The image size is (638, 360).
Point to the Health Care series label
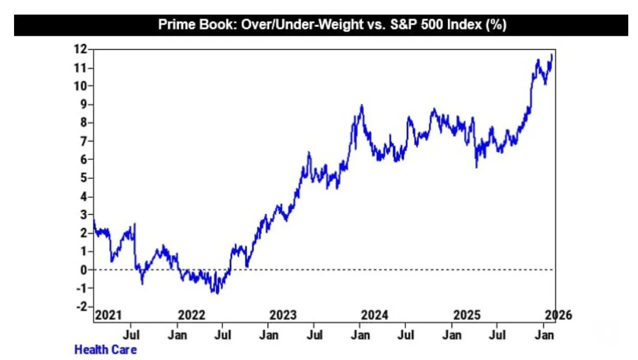coord(105,350)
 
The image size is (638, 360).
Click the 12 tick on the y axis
coord(81,49)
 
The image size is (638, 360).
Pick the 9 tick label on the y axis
coord(84,104)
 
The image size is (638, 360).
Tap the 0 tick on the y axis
coord(84,270)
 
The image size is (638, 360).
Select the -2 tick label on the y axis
coord(81,306)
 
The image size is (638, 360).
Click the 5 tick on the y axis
coord(84,178)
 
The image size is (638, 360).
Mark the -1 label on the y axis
coord(81,288)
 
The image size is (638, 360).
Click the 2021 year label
coord(108,315)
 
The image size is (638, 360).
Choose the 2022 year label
coord(192,315)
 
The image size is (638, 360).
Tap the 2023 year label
coord(283,315)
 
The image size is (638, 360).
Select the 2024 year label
coord(375,315)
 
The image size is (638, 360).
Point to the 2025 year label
coord(466,315)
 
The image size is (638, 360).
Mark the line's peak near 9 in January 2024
coord(362,105)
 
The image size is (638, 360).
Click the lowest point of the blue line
coord(217,293)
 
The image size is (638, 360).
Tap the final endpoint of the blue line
coord(551,55)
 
